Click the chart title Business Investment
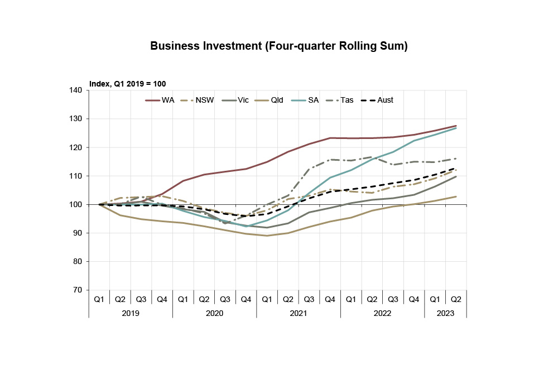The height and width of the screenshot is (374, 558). point(279,46)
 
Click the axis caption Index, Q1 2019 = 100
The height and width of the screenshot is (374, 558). point(127,84)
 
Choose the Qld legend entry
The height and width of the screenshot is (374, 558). point(277,100)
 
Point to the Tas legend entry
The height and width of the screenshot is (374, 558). point(347,100)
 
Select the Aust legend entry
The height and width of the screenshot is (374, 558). point(385,100)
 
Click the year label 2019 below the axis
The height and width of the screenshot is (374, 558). point(131,313)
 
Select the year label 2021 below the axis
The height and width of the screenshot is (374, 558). point(299,313)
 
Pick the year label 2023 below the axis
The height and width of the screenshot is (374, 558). point(445,313)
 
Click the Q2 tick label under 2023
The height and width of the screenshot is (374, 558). point(456,299)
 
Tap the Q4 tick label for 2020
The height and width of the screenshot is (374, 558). point(246,299)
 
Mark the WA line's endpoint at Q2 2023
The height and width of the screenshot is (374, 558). point(456,126)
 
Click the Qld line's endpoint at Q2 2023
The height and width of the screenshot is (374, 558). point(456,196)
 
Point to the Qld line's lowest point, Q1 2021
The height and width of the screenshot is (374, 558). point(267,236)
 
